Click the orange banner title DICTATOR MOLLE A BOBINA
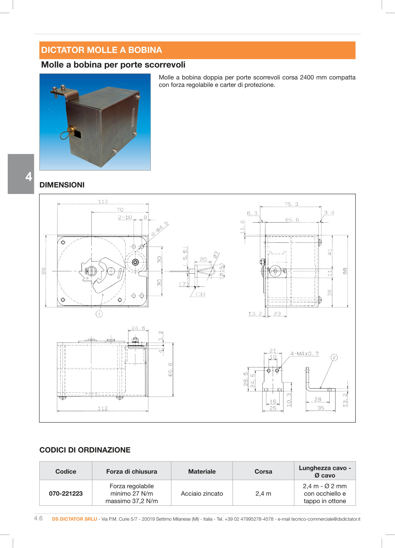101,50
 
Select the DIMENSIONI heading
62,185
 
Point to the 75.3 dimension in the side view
291,204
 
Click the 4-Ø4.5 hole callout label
160,229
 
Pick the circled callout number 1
99,314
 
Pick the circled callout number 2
334,357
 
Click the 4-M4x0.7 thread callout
304,353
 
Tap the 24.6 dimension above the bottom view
138,328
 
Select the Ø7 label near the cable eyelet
216,255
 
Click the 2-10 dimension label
125,217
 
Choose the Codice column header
66,471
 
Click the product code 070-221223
66,493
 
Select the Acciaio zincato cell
202,493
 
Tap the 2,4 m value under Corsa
263,493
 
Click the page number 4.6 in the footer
38,518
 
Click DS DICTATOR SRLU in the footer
74,519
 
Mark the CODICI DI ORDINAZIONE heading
85,450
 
